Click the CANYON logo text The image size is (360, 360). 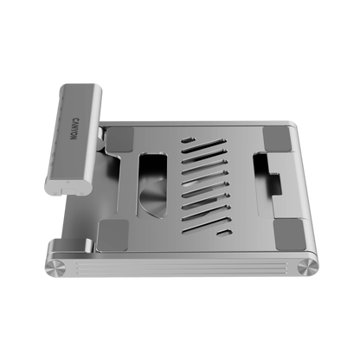click(74, 128)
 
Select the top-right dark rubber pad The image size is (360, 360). click(277, 138)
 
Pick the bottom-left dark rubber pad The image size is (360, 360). click(112, 235)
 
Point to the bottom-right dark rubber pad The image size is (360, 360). click(290, 235)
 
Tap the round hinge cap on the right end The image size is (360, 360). click(308, 267)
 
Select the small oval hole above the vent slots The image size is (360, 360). click(188, 140)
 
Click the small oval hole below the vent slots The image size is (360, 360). click(225, 232)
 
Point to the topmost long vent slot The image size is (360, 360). click(204, 145)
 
